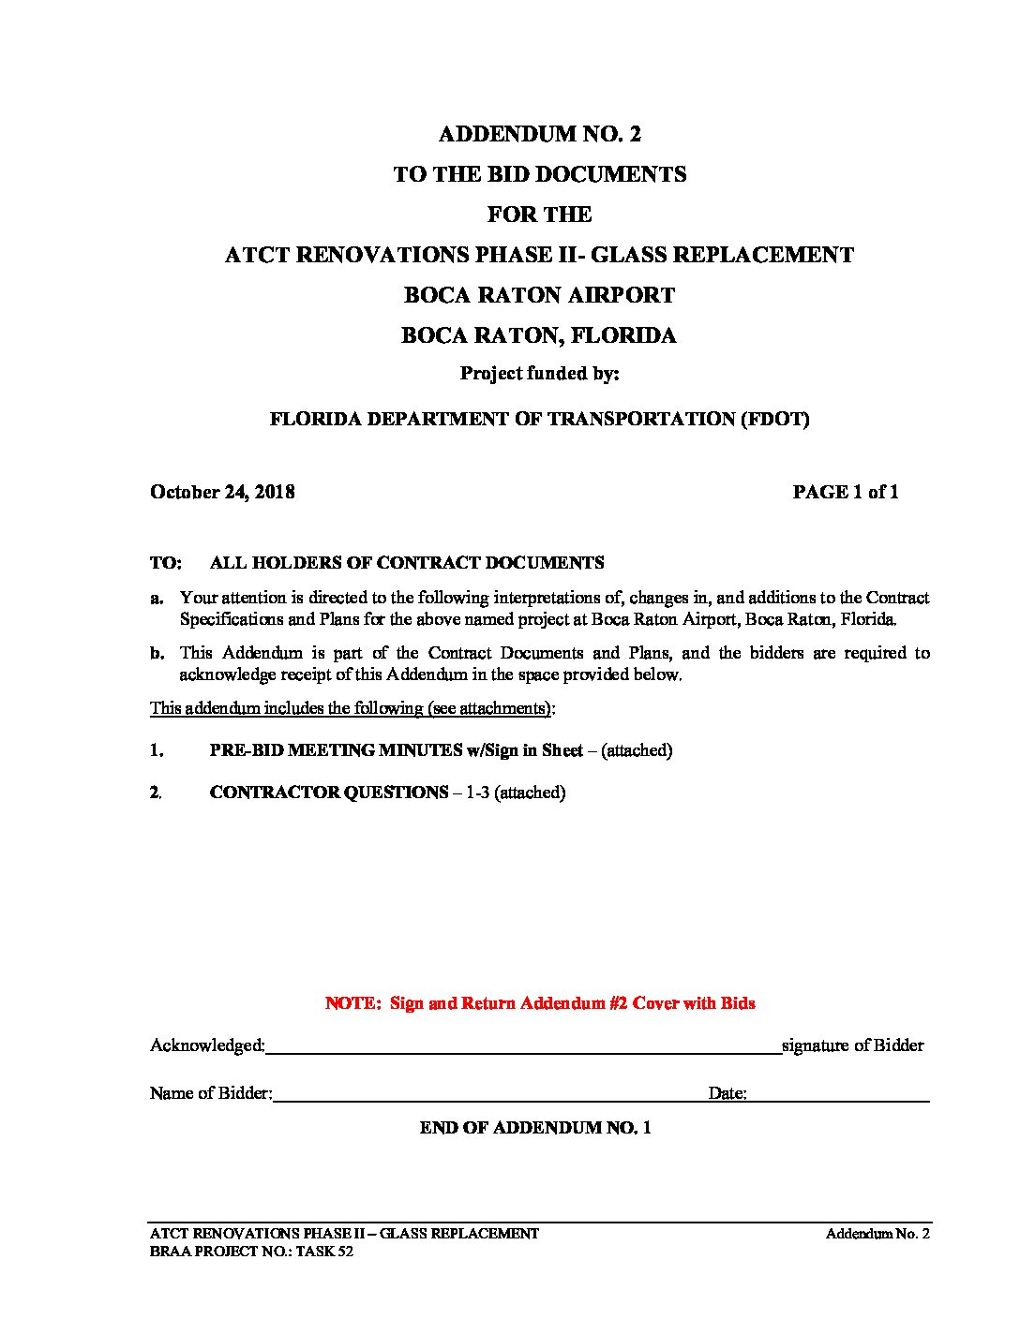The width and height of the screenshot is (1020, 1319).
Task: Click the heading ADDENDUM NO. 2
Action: coord(539,134)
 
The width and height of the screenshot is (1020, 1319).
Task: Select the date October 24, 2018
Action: coord(222,492)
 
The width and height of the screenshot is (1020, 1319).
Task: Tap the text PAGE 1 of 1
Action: coord(845,492)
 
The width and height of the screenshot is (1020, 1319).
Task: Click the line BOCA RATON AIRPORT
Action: coord(539,295)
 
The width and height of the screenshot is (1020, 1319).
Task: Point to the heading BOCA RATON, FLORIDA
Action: coord(539,335)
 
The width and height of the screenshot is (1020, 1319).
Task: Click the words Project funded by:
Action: coord(539,373)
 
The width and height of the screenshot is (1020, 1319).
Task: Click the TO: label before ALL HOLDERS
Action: coord(165,563)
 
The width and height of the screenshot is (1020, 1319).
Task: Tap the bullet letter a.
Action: coord(157,598)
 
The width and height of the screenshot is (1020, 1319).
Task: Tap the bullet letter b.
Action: coord(157,653)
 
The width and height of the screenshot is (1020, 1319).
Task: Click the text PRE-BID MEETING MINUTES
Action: coord(336,750)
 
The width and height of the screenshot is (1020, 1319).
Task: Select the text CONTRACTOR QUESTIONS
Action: coord(329,793)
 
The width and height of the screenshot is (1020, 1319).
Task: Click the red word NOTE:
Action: coord(353,1003)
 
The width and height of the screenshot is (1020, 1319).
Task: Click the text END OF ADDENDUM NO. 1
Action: coord(535,1128)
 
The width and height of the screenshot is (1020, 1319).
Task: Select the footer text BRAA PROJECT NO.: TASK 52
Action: coord(251,1252)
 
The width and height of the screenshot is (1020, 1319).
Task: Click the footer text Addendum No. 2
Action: coord(877,1234)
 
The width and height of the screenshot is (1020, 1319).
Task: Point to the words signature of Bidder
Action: coord(852,1045)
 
